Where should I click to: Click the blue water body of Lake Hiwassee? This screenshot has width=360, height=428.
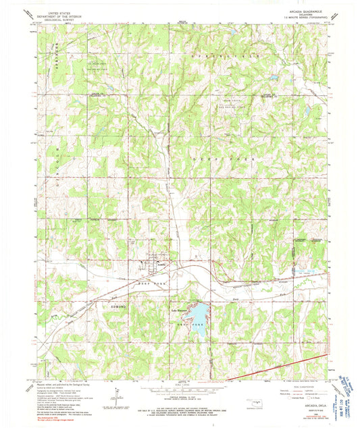(200, 311)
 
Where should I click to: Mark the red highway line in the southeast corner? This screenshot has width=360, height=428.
(284, 366)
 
